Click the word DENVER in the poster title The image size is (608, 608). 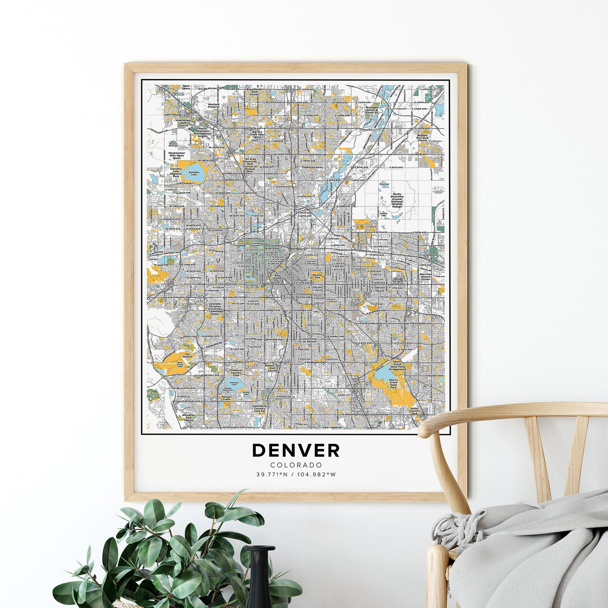[296, 450]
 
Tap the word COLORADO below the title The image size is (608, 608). [296, 465]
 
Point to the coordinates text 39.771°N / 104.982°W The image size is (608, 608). [296, 475]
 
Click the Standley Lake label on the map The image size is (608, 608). [193, 173]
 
